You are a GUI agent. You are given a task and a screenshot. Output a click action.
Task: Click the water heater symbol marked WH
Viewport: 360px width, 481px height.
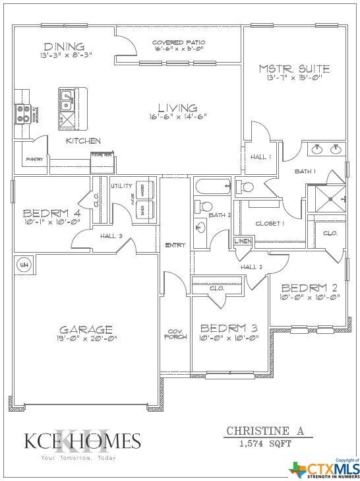point(25,265)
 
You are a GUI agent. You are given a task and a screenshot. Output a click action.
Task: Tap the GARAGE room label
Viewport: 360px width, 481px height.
point(86,329)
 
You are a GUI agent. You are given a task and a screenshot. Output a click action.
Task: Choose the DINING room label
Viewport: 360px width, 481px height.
point(63,46)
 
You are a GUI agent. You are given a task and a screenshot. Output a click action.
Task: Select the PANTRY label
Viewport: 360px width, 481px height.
point(35,159)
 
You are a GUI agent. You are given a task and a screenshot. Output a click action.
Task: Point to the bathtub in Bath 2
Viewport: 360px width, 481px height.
point(211,187)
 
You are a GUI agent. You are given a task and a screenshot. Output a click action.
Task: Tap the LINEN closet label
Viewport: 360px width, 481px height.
point(243,241)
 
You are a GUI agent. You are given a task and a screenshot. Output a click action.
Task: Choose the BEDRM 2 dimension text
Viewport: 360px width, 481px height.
point(310,297)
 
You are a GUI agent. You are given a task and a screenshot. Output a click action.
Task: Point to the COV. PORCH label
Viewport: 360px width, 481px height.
point(175,334)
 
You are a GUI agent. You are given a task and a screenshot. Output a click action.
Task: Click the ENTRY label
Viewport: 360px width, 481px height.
point(175,245)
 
